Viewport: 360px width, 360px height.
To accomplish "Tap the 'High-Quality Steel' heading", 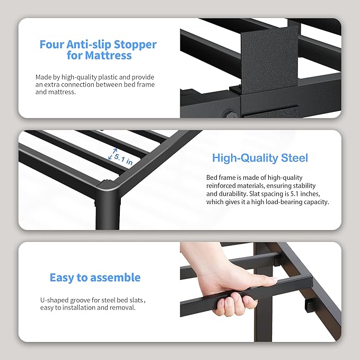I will click(x=260, y=158).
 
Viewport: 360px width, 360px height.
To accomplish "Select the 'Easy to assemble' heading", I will click(x=95, y=277).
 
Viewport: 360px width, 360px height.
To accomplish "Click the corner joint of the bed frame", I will click(x=110, y=188).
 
